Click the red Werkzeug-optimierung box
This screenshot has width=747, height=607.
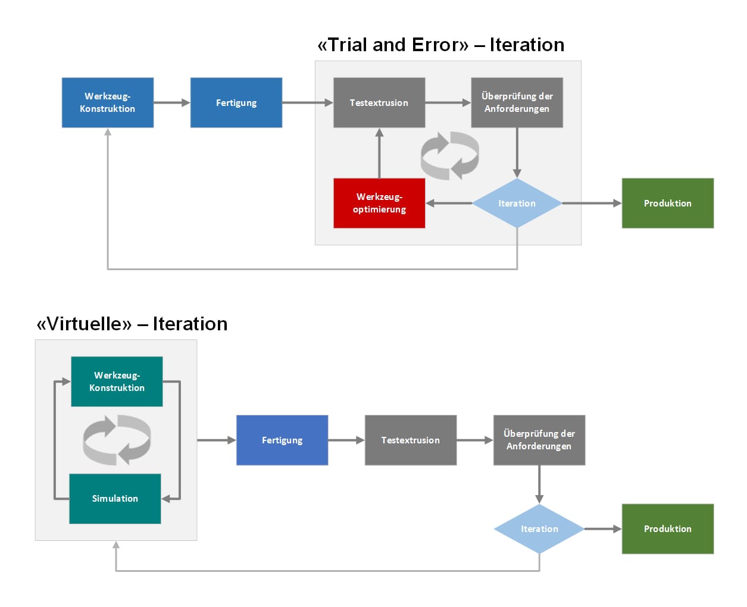tap(379, 203)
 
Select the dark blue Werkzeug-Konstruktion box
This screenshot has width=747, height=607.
tap(108, 102)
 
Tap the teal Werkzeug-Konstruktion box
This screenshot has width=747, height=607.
tap(117, 381)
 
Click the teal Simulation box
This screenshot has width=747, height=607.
tap(115, 498)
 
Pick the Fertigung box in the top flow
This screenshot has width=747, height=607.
tap(236, 102)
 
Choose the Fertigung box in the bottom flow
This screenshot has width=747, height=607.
tap(282, 440)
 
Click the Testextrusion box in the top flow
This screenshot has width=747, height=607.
tap(379, 102)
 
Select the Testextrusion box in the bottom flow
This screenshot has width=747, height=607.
tap(411, 440)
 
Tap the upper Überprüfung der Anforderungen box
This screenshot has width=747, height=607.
tap(517, 102)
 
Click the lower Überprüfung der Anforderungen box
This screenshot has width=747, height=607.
tap(539, 440)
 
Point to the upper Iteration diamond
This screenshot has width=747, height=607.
tap(517, 203)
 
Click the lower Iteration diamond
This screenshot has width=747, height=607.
tap(539, 529)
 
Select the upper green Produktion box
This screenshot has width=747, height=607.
tap(668, 203)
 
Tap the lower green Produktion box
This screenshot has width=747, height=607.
tap(668, 529)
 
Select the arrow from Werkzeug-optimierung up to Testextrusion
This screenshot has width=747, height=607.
tap(379, 154)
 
